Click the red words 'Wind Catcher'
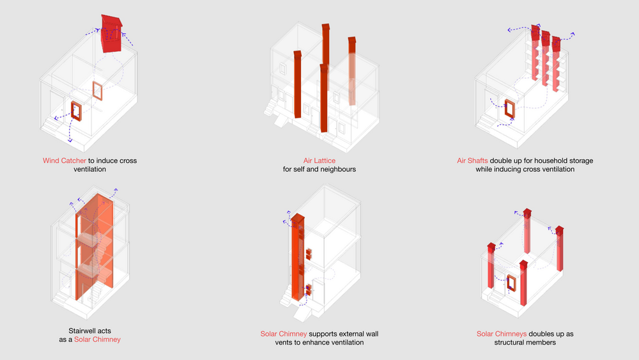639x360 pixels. tap(65, 160)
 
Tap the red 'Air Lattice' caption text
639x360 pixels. tap(319, 160)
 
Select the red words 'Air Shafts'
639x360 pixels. tap(472, 160)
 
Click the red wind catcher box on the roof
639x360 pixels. tap(111, 34)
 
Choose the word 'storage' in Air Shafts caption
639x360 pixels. tap(580, 160)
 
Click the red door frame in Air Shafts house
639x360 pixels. tap(509, 109)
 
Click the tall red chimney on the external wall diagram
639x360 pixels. tap(298, 258)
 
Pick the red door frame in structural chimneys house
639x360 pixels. tap(511, 283)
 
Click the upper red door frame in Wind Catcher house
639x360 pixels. tap(97, 91)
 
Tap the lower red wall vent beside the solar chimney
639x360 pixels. tap(309, 290)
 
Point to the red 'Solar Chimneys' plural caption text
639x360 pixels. tap(502, 334)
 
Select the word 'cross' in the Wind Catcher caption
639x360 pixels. tap(128, 160)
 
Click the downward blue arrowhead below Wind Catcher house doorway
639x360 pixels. tap(70, 140)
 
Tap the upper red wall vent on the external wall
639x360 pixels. tap(309, 254)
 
